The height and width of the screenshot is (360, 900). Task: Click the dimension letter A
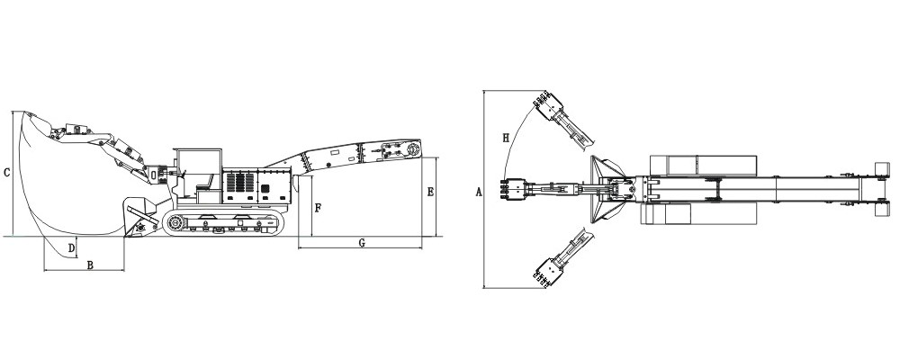click(480, 193)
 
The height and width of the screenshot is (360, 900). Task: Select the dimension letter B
click(90, 265)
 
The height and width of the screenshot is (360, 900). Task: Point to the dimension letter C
click(6, 172)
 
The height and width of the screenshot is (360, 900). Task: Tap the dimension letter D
click(72, 248)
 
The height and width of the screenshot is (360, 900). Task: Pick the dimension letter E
click(430, 193)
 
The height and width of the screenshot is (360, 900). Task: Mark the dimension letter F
click(319, 209)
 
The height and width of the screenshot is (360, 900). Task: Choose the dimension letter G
click(362, 243)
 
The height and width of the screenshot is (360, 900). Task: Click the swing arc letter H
click(506, 138)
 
